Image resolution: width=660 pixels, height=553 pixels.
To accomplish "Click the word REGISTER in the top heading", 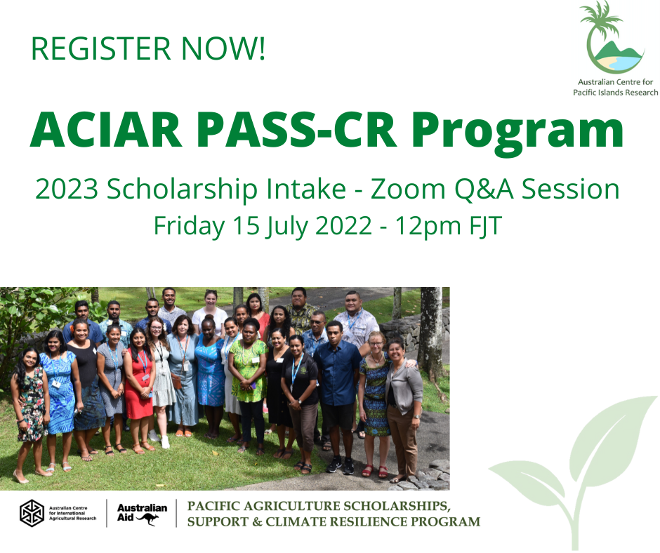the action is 101,48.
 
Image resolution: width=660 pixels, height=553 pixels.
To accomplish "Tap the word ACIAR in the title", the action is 106,130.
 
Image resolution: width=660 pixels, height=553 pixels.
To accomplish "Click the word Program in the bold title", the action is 517,134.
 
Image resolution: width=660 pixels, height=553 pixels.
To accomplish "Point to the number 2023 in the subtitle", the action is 67,189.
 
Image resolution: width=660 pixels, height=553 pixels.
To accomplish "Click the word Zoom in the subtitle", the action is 408,189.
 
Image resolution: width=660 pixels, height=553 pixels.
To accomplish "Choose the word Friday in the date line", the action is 189,227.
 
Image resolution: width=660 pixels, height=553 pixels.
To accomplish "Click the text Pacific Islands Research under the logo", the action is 615,93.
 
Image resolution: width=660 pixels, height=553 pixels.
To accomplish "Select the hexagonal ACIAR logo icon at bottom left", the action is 32,513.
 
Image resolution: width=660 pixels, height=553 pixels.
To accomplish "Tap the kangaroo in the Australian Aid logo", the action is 147,519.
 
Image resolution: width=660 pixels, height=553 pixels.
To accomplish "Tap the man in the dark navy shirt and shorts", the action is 338,396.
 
